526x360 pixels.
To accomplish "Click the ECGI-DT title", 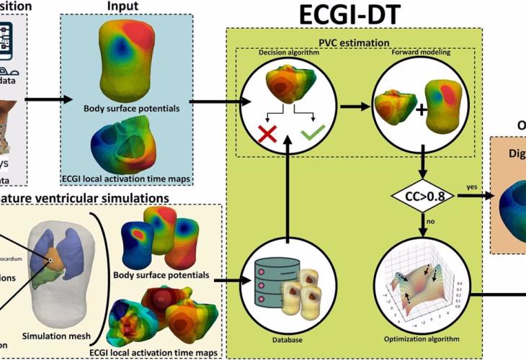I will click(357, 14).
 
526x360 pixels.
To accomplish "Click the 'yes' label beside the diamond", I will click(471, 186).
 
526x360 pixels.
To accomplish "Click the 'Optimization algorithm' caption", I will click(422, 337).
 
